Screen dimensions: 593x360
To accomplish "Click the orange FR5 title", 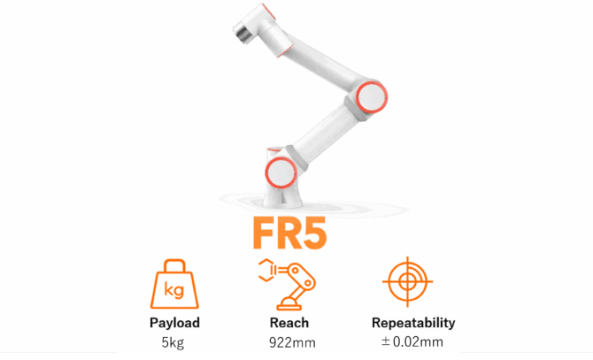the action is coord(289,233).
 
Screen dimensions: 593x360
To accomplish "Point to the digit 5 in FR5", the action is coord(315,234).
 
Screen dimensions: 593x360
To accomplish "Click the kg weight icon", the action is coord(174,284).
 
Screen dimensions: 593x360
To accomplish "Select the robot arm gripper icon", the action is coord(287,284).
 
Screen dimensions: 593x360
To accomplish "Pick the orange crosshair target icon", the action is coord(407,281).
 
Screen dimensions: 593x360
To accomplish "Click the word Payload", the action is coord(174,323).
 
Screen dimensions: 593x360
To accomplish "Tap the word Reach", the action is coord(289,323).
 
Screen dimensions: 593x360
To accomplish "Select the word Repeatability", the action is coord(413,323).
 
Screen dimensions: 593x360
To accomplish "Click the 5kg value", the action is coord(173,342).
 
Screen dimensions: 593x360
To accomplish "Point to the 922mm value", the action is coord(292,342).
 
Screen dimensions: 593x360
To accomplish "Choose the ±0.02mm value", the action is coord(412,342).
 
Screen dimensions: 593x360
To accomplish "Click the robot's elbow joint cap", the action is coord(372,96).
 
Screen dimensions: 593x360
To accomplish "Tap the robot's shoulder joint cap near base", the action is coord(281,172).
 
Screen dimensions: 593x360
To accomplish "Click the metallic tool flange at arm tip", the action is coord(242,32).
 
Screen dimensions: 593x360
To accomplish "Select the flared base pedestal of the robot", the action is coord(282,195).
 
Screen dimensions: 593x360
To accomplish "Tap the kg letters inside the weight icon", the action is coord(174,290).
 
